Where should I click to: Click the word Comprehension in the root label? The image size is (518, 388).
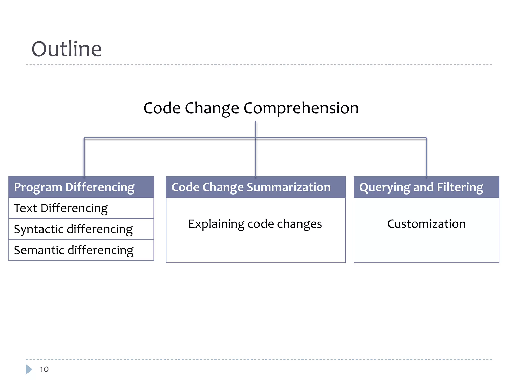(301, 108)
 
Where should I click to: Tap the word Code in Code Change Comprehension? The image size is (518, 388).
(162, 108)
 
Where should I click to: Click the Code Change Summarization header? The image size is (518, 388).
(251, 187)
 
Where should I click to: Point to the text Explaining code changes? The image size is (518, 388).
(255, 224)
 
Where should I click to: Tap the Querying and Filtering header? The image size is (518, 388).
(421, 187)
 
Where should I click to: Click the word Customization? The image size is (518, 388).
(426, 224)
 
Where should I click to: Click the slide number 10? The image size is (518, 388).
(44, 369)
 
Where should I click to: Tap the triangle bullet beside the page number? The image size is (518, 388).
(29, 369)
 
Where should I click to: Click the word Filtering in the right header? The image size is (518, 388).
(460, 187)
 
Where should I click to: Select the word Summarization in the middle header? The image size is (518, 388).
(289, 187)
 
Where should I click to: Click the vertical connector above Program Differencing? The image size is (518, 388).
(84, 157)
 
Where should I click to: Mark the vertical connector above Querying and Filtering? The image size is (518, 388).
(426, 157)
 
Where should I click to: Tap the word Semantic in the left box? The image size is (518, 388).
(39, 250)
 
